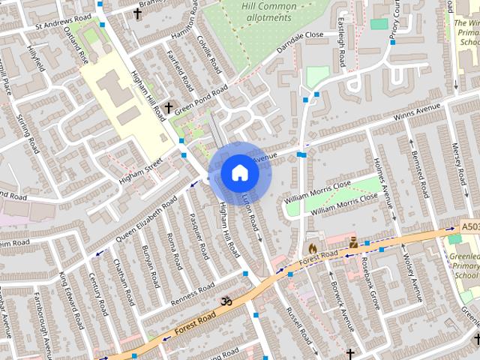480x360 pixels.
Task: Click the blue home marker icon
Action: coord(239,173)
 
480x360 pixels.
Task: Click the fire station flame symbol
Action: coord(312,246)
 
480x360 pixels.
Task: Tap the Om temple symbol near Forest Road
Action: coord(223,301)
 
